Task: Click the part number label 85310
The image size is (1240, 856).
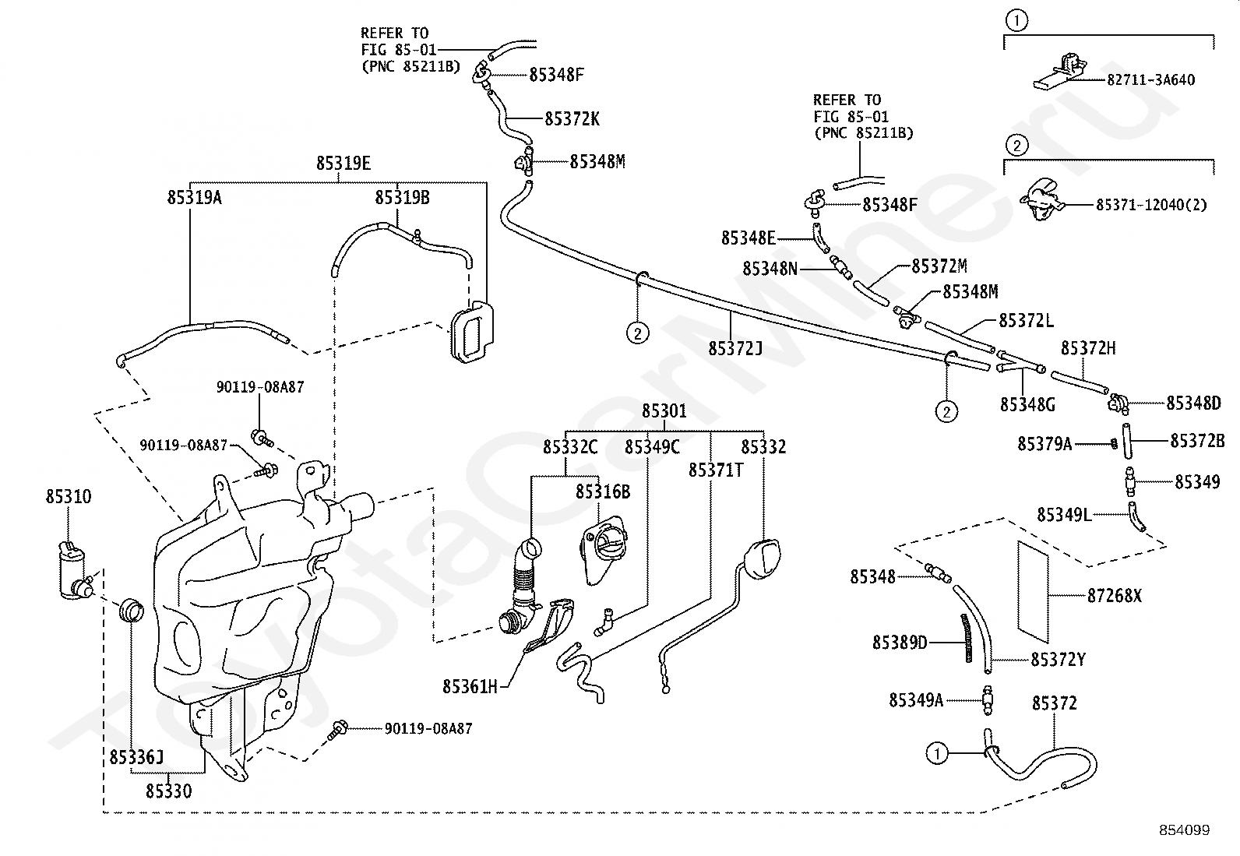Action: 68,497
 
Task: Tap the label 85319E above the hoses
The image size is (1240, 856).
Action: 343,164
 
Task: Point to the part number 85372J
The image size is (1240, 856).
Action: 735,348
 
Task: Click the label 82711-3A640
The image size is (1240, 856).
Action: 1151,80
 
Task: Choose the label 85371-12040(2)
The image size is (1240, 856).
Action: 1151,205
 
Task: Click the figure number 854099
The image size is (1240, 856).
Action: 1185,830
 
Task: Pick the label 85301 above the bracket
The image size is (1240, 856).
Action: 664,410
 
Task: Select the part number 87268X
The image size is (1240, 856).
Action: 1115,596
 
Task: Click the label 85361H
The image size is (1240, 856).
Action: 470,687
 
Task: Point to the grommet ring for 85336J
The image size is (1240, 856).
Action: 131,610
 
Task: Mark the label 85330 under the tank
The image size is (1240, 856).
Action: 169,791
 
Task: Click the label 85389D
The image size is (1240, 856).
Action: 900,643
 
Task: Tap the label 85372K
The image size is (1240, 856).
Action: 572,118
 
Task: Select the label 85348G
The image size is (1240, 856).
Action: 1027,405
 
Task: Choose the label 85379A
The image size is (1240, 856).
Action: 1044,443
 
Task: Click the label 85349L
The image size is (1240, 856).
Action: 1065,515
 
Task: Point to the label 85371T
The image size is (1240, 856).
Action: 716,470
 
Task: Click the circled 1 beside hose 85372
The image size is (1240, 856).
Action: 937,753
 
